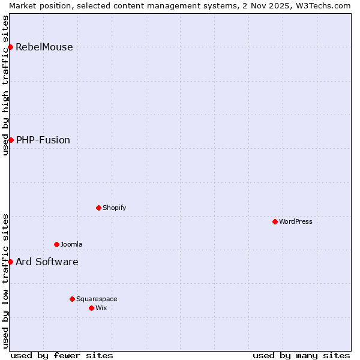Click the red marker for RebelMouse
click(x=11, y=47)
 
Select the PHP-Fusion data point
click(x=11, y=140)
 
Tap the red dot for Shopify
click(x=98, y=208)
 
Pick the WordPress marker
click(x=275, y=221)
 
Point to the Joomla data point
click(x=56, y=244)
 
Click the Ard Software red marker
click(x=11, y=262)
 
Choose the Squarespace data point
click(x=72, y=299)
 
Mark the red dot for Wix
click(x=91, y=308)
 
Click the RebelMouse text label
click(x=44, y=47)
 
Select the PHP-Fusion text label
click(x=43, y=140)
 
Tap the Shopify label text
click(x=114, y=208)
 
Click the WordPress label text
click(x=296, y=222)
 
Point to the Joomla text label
click(x=71, y=245)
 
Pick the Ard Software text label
click(x=47, y=262)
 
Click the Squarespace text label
click(x=97, y=299)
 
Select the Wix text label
click(x=101, y=308)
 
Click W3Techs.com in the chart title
click(x=323, y=5)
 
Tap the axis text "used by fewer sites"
click(x=62, y=355)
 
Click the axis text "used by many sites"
click(x=301, y=355)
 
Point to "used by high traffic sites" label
click(x=5, y=85)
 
